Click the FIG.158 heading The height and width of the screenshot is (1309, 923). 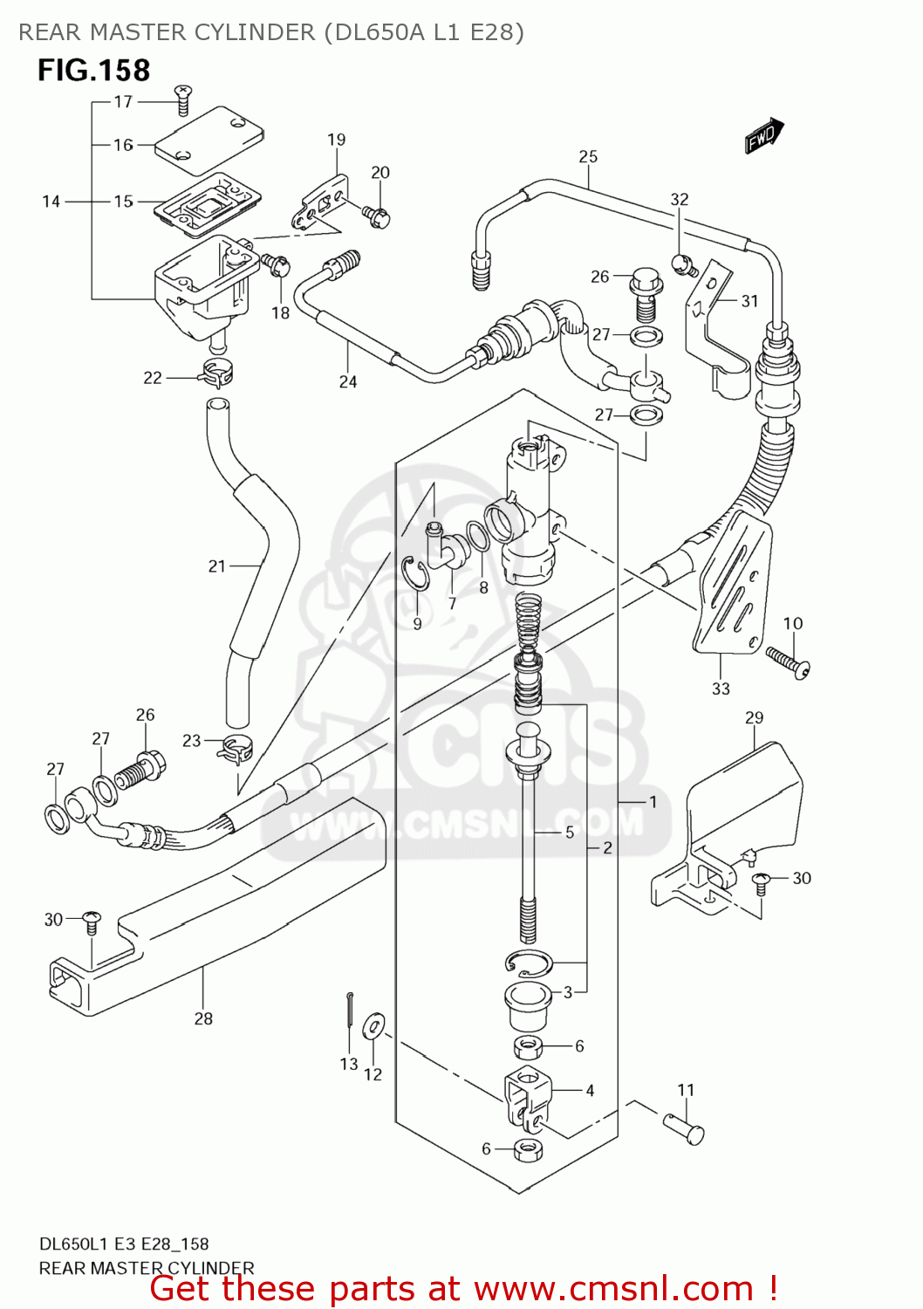[x=93, y=71]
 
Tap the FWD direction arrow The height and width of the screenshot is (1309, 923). [x=763, y=136]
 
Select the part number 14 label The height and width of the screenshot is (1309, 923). [x=51, y=202]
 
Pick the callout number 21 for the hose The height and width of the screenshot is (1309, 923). [x=217, y=566]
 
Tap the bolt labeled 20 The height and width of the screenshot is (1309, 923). [x=378, y=216]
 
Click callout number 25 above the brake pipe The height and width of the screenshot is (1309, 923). [x=588, y=157]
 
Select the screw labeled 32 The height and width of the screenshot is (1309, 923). [x=682, y=262]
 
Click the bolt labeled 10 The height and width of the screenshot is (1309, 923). [x=788, y=661]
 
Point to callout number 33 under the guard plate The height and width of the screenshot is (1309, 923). [x=721, y=689]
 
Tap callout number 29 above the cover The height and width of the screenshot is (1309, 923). [x=754, y=717]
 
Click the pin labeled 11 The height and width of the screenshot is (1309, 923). [x=684, y=1127]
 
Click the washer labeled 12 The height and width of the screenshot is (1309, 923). [x=373, y=1026]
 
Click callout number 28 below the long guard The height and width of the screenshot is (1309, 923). [x=203, y=1018]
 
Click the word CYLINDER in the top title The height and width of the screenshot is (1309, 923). [x=255, y=32]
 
